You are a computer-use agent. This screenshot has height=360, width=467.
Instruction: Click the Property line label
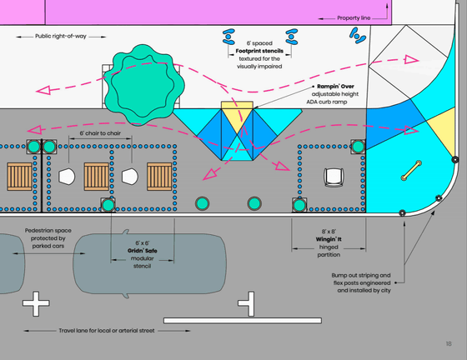[x=354, y=18]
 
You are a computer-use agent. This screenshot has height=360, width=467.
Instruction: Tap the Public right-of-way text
[x=61, y=37]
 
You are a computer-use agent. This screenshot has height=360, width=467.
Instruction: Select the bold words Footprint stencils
[x=259, y=51]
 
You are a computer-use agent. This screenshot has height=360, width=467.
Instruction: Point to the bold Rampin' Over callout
[x=335, y=87]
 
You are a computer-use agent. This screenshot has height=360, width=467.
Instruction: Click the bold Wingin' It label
[x=329, y=239]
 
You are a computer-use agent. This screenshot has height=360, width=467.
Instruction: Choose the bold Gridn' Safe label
[x=143, y=251]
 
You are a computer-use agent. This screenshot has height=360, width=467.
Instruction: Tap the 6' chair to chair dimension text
[x=100, y=133]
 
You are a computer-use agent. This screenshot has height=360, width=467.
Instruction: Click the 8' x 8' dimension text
[x=329, y=232]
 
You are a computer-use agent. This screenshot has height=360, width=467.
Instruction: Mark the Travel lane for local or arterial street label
[x=107, y=331]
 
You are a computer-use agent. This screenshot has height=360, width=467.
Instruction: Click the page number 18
[x=449, y=344]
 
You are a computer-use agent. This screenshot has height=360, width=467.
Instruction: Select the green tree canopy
[x=144, y=84]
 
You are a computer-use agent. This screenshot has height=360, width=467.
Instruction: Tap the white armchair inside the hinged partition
[x=334, y=177]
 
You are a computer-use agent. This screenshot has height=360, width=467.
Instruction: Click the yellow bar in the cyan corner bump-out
[x=411, y=171]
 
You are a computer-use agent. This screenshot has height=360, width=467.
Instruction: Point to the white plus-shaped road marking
[x=36, y=303]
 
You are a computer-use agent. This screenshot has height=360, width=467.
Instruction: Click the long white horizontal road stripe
[x=243, y=321]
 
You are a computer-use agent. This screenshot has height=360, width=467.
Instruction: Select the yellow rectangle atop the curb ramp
[x=237, y=105]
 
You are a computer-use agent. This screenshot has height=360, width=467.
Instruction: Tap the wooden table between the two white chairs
[x=96, y=177]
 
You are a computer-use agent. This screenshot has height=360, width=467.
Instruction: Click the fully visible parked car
[x=149, y=263]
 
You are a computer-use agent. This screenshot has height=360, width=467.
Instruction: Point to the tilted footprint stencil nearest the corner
[x=358, y=35]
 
